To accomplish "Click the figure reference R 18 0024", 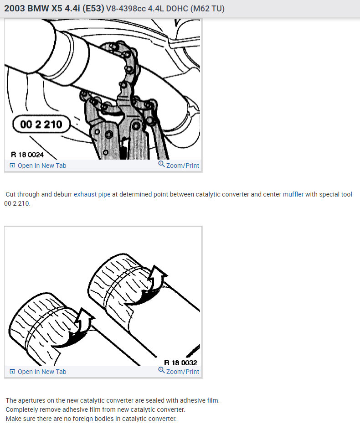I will pyautogui.click(x=27, y=155).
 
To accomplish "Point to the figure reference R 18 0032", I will pyautogui.click(x=180, y=363).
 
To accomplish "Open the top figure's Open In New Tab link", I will pyautogui.click(x=41, y=166).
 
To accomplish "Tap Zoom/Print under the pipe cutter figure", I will pyautogui.click(x=182, y=166).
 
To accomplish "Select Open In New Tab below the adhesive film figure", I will pyautogui.click(x=41, y=372).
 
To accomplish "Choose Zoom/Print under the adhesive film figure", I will pyautogui.click(x=182, y=372).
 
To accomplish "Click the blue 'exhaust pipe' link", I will pyautogui.click(x=92, y=194).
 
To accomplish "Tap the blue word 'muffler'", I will pyautogui.click(x=293, y=194).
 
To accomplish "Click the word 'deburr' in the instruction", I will pyautogui.click(x=62, y=194).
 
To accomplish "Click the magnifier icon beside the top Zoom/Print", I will pyautogui.click(x=161, y=165).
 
